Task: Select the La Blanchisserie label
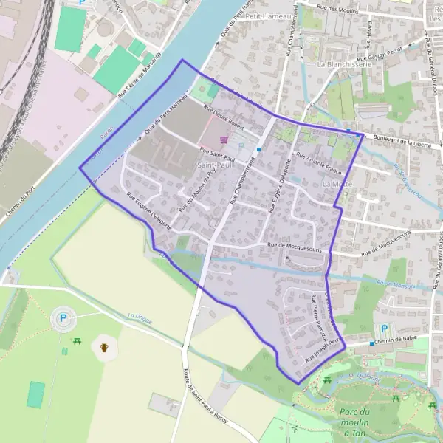click(x=343, y=64)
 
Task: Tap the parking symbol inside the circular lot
click(x=61, y=320)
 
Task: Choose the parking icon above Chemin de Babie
click(x=382, y=328)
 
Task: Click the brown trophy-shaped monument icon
click(x=105, y=346)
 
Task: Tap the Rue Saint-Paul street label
click(x=217, y=156)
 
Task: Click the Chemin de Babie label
click(x=394, y=342)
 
